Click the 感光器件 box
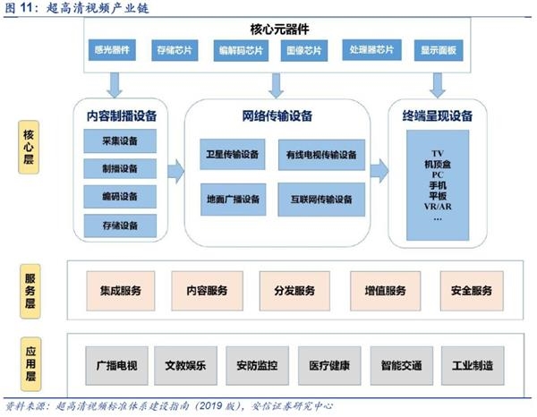click(112, 50)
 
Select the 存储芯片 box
click(175, 50)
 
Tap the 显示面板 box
click(439, 50)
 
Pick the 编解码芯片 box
click(241, 51)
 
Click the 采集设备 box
click(120, 140)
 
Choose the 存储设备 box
click(120, 226)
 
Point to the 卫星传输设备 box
click(232, 155)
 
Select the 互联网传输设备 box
click(321, 200)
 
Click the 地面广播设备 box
click(233, 200)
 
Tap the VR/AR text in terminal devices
click(438, 207)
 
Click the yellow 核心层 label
click(29, 148)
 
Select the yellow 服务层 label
click(30, 292)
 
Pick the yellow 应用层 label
click(30, 364)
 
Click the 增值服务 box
click(385, 291)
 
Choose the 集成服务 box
click(121, 291)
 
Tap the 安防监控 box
click(257, 366)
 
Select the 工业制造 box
click(473, 366)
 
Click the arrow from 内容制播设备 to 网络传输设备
click(176, 171)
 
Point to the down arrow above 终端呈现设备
click(438, 85)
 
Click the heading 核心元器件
click(279, 30)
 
